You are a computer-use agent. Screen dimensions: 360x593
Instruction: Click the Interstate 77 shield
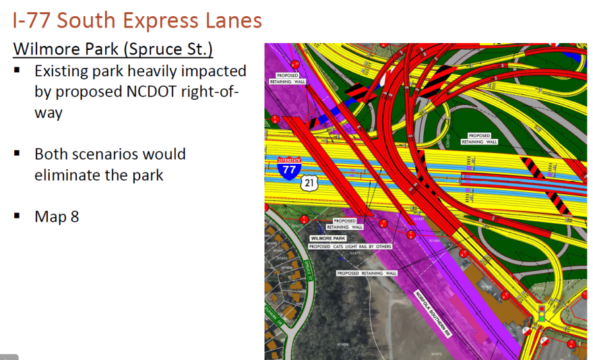[x=289, y=168]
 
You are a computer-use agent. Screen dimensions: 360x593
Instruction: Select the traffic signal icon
[x=540, y=312]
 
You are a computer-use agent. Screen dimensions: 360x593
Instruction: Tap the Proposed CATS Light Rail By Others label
[x=350, y=247]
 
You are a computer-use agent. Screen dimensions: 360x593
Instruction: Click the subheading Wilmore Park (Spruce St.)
[x=113, y=49]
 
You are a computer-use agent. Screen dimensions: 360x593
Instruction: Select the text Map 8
[x=57, y=216]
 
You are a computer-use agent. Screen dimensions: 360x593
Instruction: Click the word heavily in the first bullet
[x=170, y=71]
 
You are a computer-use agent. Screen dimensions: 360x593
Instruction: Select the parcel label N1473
[x=436, y=354]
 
